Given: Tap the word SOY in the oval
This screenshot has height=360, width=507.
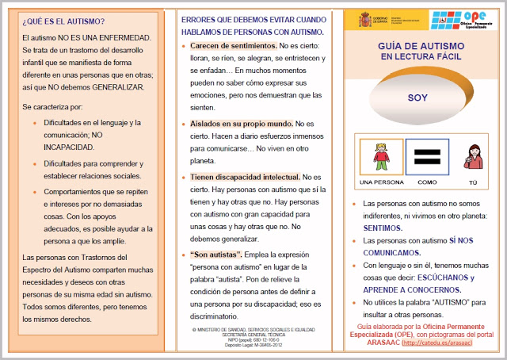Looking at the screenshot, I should point(417,98).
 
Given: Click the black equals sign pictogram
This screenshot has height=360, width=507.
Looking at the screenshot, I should point(427,158).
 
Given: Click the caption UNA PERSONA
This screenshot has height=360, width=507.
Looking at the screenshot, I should point(382,182).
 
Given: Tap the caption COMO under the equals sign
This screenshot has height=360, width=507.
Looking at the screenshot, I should point(427,182).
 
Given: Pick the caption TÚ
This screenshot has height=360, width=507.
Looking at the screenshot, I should point(473,182).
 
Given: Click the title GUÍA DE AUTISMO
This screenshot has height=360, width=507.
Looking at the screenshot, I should point(417,48).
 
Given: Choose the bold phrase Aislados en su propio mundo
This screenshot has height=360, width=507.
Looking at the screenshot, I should point(241,124).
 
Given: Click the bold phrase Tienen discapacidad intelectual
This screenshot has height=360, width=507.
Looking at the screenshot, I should point(245,177).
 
